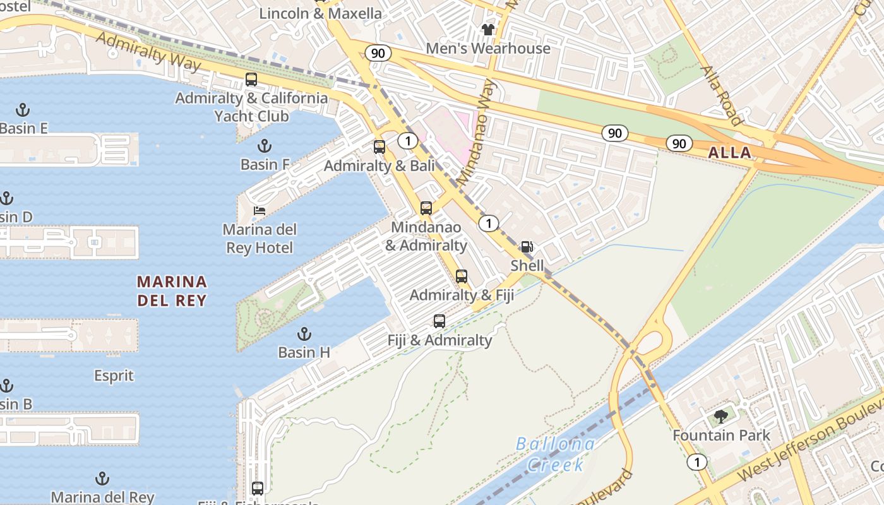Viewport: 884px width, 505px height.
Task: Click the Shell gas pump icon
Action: click(x=527, y=247)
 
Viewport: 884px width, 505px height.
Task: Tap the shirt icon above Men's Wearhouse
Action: click(x=488, y=29)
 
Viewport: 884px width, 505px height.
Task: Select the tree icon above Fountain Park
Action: click(x=721, y=417)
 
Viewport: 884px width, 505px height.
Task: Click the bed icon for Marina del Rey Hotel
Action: click(x=260, y=210)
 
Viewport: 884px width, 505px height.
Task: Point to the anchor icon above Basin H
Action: click(x=304, y=333)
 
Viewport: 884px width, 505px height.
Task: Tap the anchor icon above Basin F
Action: click(x=265, y=146)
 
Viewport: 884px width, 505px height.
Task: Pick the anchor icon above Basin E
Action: click(x=23, y=110)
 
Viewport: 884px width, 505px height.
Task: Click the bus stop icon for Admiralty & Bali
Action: click(x=379, y=147)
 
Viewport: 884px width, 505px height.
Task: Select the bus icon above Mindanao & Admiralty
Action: click(x=426, y=208)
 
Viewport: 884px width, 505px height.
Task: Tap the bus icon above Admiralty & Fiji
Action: click(x=462, y=276)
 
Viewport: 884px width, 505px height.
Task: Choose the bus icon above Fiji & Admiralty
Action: click(x=439, y=321)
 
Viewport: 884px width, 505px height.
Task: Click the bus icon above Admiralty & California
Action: click(x=251, y=80)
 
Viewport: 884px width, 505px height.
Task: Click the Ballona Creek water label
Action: click(x=555, y=454)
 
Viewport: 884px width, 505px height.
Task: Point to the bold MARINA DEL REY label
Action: click(x=172, y=290)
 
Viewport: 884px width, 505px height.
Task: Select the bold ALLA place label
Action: click(x=729, y=152)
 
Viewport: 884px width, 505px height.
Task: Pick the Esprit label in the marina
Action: click(x=114, y=376)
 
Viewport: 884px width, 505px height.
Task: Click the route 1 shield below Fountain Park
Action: click(x=697, y=461)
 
